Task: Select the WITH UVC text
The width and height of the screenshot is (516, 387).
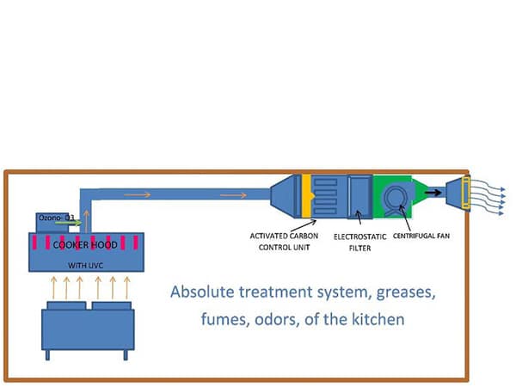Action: tap(84, 265)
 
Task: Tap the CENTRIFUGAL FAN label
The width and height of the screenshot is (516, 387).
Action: tap(422, 235)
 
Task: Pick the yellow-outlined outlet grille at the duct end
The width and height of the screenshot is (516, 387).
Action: tap(465, 193)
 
